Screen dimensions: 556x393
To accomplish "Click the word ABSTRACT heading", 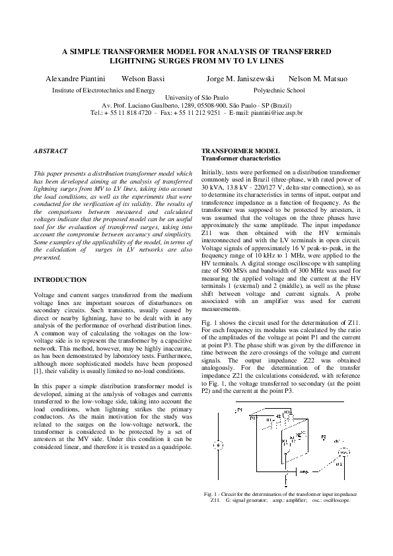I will tap(51, 151).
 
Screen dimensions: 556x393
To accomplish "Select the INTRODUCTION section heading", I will tap(60, 280).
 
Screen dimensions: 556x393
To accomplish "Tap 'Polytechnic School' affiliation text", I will tap(279, 89).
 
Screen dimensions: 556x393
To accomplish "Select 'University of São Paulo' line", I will tap(196, 97).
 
